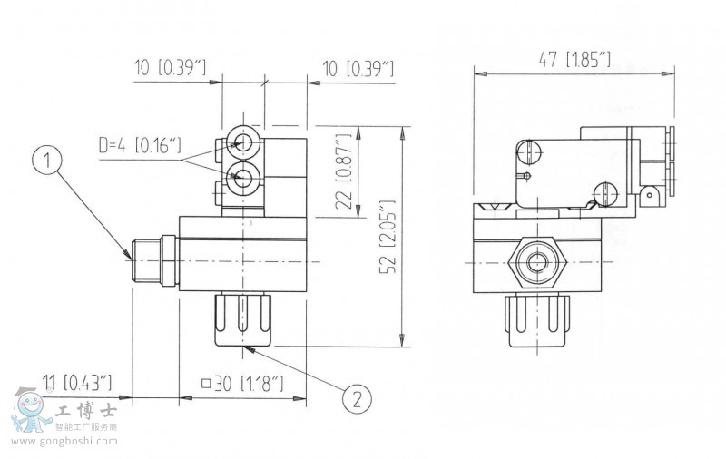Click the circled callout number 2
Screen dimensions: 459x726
(358, 396)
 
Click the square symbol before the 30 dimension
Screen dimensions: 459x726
(205, 384)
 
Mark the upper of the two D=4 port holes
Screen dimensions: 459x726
(243, 142)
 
